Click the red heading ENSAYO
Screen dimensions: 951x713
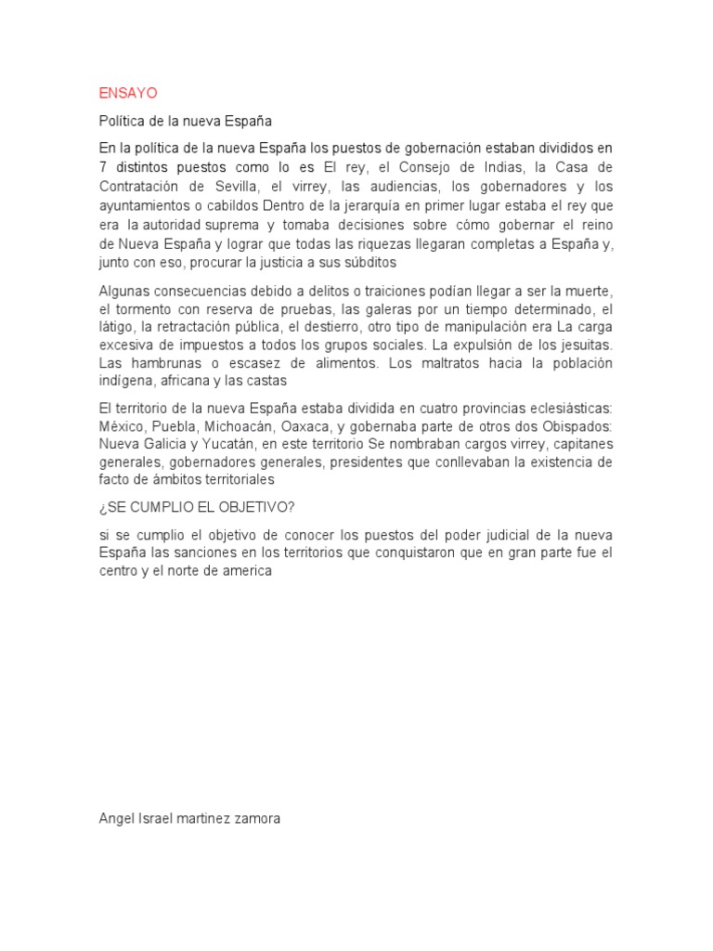coord(128,94)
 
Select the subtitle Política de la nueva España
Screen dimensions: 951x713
coord(186,121)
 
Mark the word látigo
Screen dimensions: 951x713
coord(116,327)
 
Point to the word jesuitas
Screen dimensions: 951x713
coord(584,345)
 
